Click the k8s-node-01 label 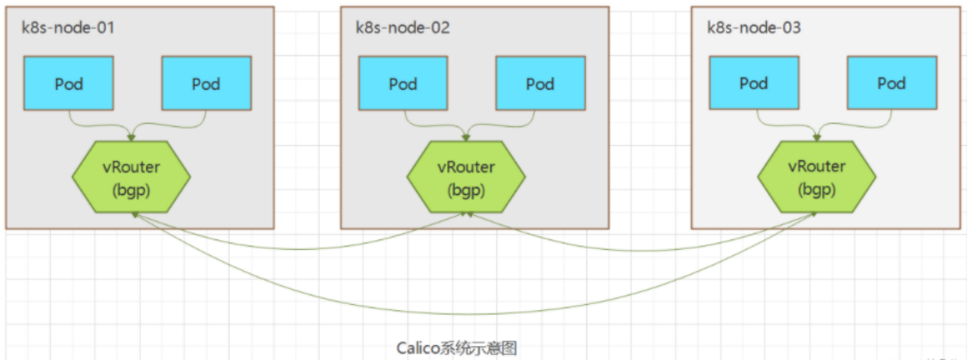68,28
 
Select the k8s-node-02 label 403,28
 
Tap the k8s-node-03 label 754,28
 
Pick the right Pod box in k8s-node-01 206,84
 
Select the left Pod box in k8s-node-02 403,84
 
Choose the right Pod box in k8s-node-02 540,84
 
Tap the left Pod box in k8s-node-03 753,83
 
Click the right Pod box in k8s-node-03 891,83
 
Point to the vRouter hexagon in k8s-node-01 132,177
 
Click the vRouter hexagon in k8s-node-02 466,177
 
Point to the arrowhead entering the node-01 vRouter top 132,137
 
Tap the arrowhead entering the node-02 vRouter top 466,137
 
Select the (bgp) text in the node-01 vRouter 132,189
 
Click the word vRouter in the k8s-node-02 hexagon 466,167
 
